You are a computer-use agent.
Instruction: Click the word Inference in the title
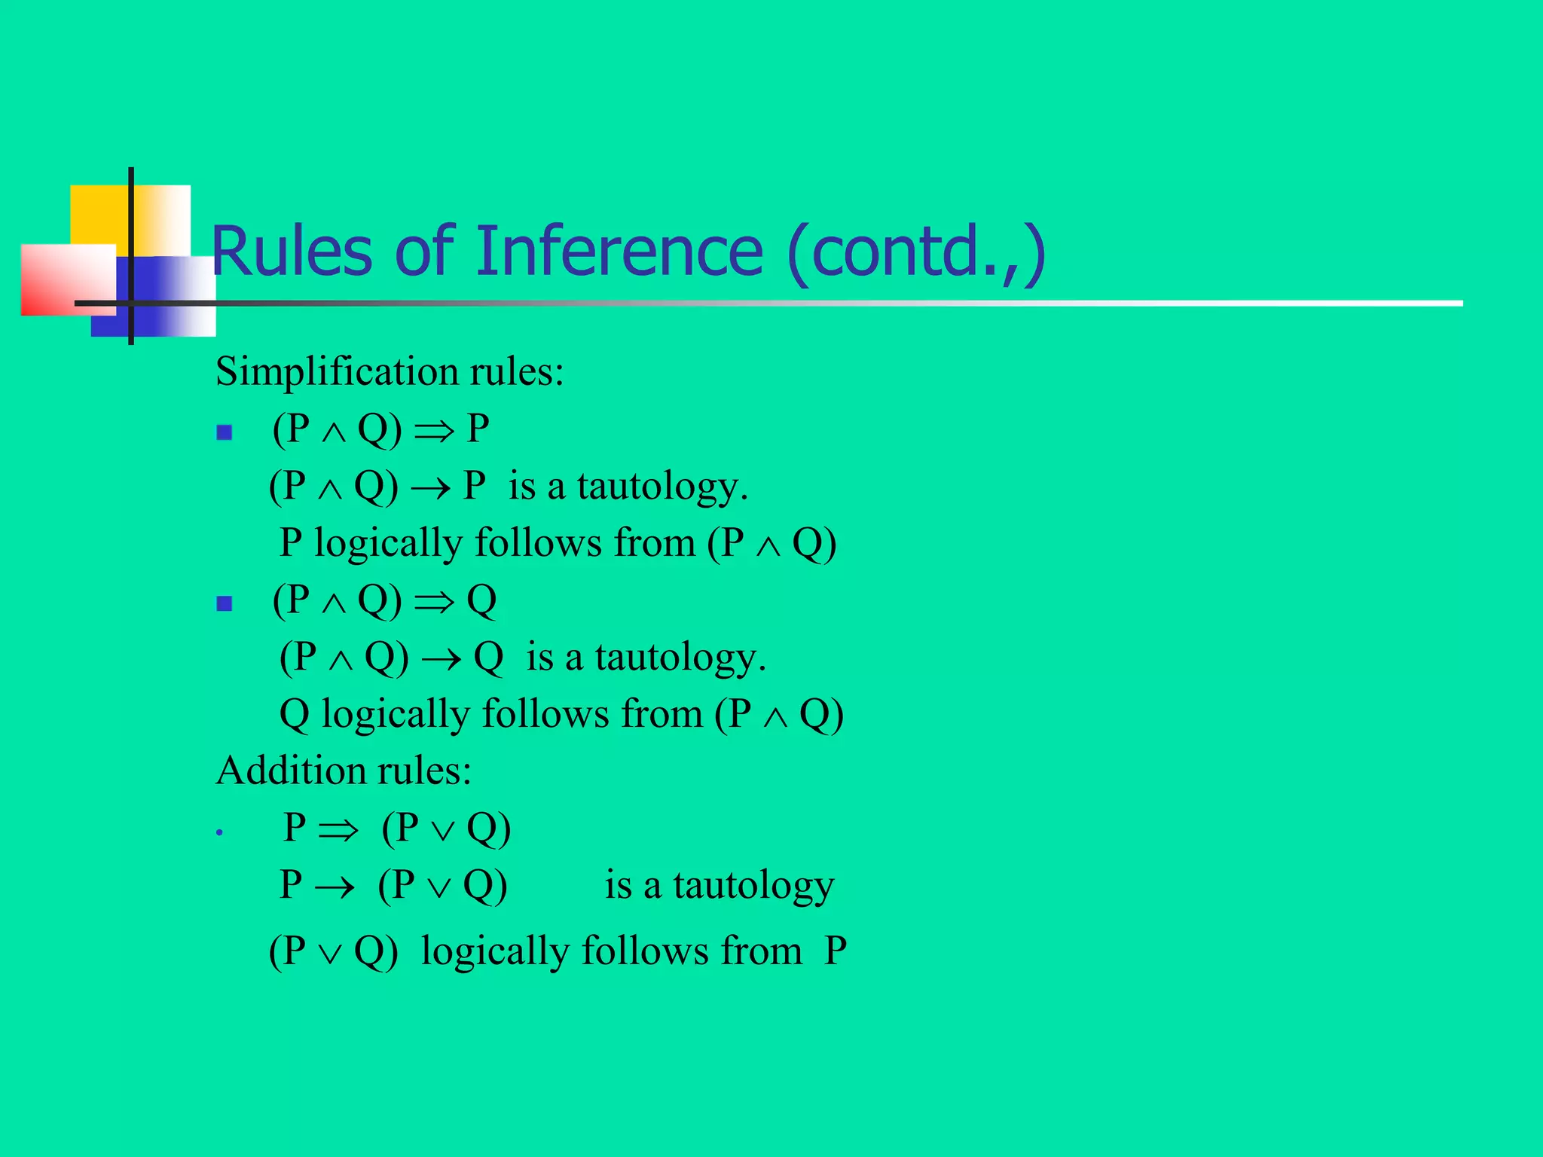pyautogui.click(x=619, y=251)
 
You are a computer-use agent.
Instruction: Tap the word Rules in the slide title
pyautogui.click(x=292, y=251)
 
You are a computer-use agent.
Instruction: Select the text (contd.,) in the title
pyautogui.click(x=916, y=252)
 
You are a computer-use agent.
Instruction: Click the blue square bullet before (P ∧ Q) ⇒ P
pyautogui.click(x=224, y=432)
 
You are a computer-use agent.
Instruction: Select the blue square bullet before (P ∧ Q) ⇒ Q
pyautogui.click(x=224, y=603)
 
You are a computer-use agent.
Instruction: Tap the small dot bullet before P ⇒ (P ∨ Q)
pyautogui.click(x=219, y=833)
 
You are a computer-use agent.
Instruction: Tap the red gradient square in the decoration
pyautogui.click(x=64, y=279)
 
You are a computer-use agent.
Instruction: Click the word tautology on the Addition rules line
pyautogui.click(x=753, y=886)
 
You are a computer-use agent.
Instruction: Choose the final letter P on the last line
pyautogui.click(x=835, y=951)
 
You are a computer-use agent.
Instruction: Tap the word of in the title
pyautogui.click(x=424, y=251)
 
